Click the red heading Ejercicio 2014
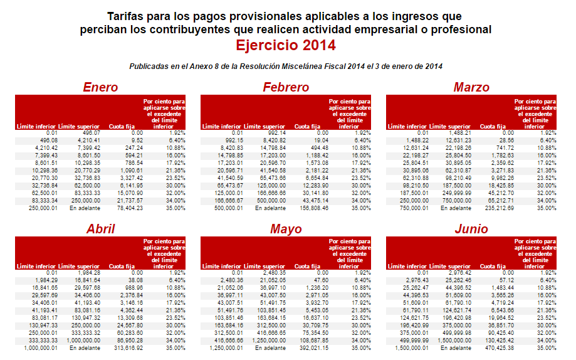(x=286, y=45)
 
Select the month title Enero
(x=100, y=87)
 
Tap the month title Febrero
(x=286, y=87)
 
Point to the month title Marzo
(x=471, y=87)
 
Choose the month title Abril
(x=100, y=229)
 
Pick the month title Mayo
(x=286, y=229)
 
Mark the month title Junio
(x=471, y=229)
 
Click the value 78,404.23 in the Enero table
(x=130, y=207)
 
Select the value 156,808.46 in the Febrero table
(x=313, y=207)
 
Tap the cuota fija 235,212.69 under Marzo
(x=498, y=207)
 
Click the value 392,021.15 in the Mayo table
(x=313, y=347)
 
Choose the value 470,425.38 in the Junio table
(x=498, y=347)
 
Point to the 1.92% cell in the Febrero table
(x=361, y=133)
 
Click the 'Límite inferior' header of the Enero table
(x=36, y=127)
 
